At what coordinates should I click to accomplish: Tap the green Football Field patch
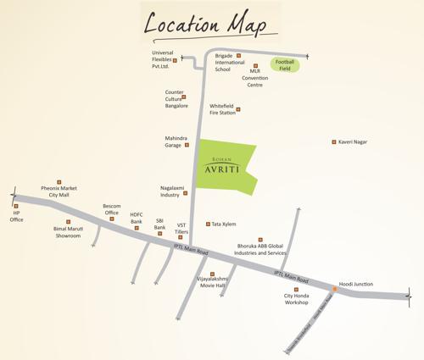pos(285,64)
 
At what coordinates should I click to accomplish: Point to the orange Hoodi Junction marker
pos(336,291)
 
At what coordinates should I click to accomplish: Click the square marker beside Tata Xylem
pos(208,224)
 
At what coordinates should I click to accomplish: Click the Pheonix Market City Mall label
pos(59,191)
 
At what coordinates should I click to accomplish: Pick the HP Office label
pos(16,217)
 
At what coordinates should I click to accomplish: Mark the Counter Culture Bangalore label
pos(176,101)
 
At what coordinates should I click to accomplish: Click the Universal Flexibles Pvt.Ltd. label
pos(162,59)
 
